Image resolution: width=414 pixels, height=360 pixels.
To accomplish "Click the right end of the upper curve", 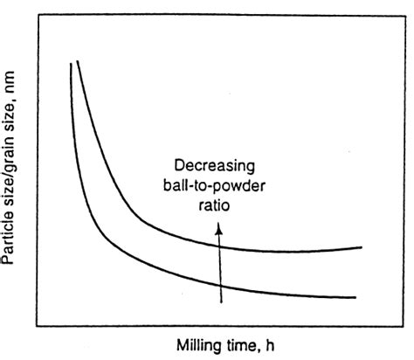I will tap(362, 247).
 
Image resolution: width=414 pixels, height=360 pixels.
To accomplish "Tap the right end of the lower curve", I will tap(356, 297).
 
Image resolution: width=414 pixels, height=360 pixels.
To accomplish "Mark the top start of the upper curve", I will tap(78, 61).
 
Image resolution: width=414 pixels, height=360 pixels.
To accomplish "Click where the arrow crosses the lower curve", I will tap(220, 286).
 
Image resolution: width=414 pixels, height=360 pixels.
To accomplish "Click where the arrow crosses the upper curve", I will tap(220, 246).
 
